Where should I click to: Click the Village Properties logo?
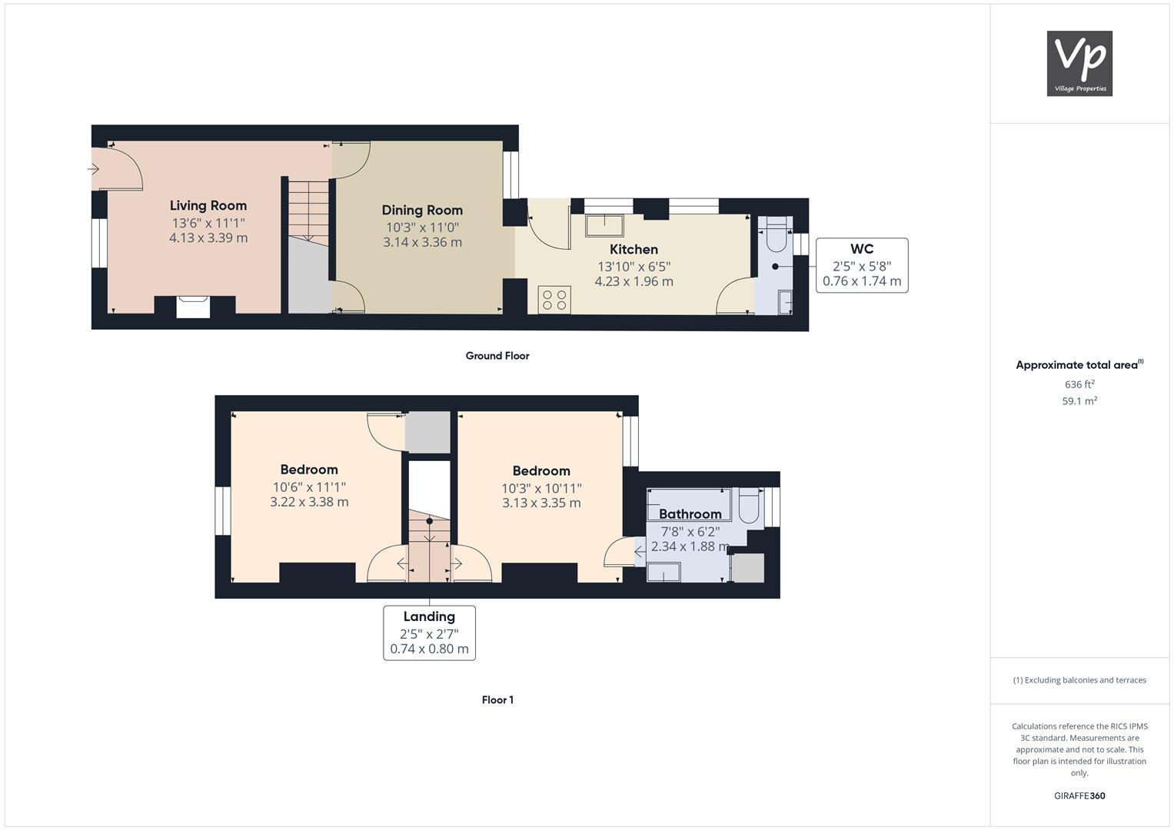1079,63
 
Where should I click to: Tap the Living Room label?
208,206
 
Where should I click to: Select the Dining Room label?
422,210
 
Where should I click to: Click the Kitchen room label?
634,250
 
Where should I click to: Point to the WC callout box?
862,265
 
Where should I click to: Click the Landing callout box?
429,633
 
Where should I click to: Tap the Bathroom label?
690,514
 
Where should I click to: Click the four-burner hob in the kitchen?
554,300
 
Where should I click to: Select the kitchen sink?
604,225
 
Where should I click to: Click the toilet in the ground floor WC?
777,234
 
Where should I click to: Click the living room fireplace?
193,307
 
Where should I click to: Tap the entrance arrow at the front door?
93,169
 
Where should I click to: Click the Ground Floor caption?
497,356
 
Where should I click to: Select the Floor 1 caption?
497,700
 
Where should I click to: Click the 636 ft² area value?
1079,384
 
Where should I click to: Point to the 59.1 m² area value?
1079,401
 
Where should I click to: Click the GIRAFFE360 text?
1079,795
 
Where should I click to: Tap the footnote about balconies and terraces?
1079,680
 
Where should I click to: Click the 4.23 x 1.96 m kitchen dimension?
634,281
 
